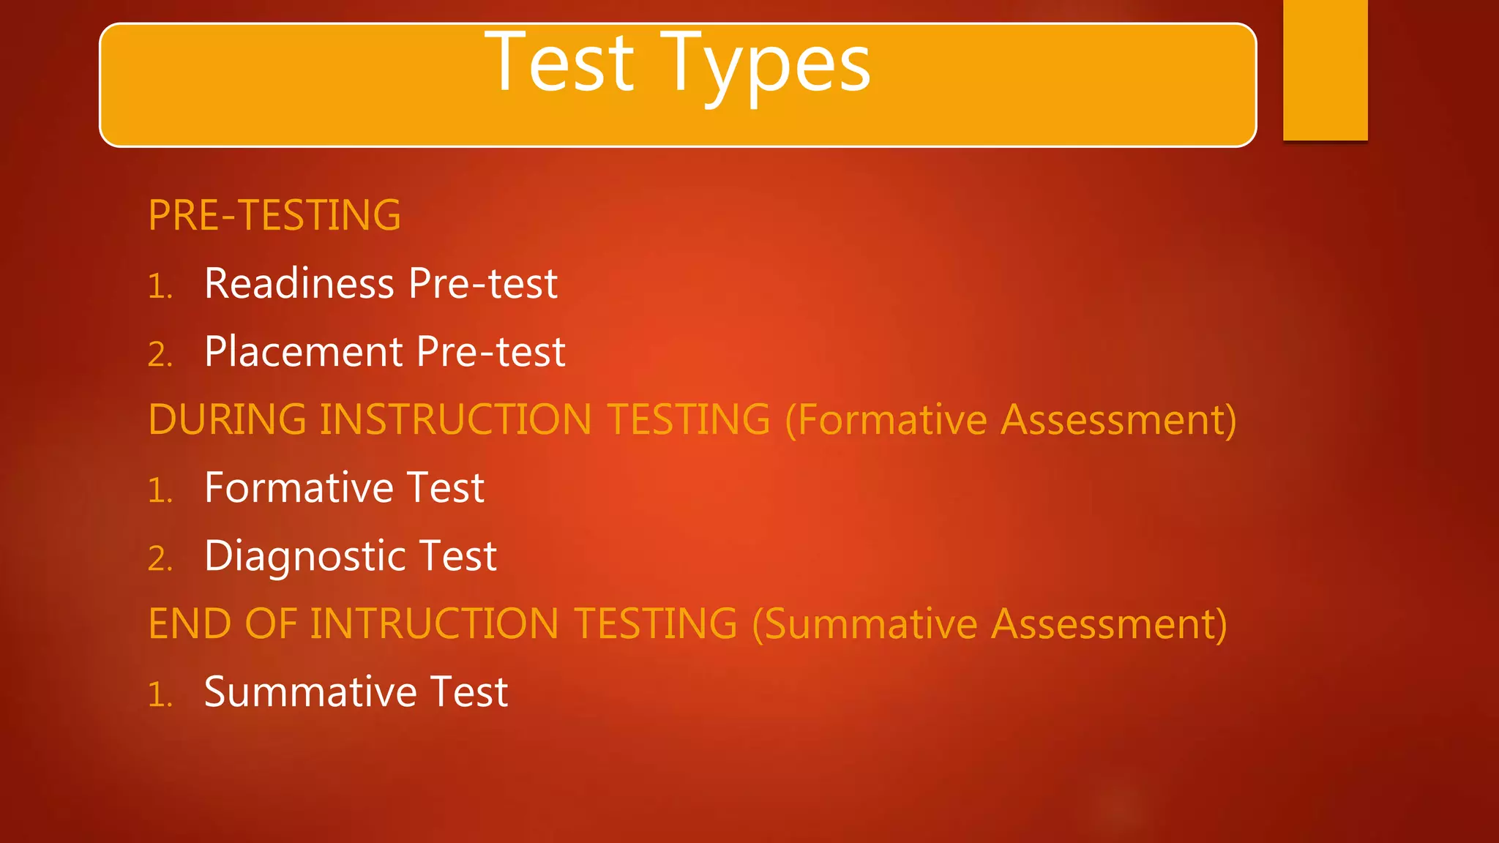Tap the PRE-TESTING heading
274,215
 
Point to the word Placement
304,352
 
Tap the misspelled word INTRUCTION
435,623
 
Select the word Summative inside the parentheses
871,623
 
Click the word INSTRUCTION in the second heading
455,419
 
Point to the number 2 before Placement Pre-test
160,355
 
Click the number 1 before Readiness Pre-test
160,286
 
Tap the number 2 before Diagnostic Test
160,558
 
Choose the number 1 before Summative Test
160,694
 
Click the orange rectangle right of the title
1325,70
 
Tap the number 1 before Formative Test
160,490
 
